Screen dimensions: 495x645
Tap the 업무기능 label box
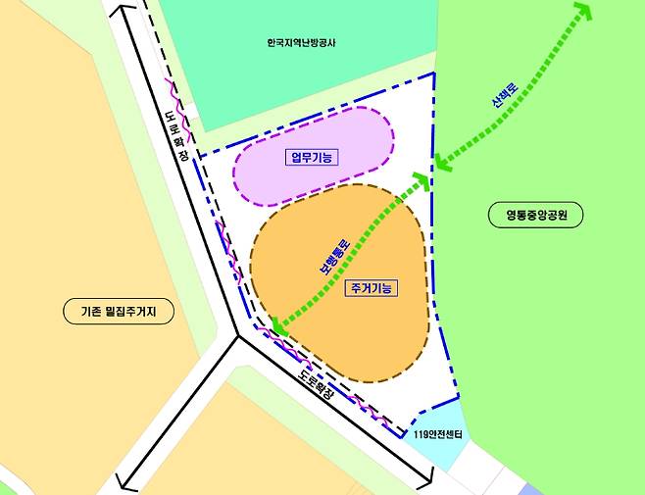tap(311, 157)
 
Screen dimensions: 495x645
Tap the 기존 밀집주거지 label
tap(113, 313)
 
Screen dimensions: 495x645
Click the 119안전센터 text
tap(437, 434)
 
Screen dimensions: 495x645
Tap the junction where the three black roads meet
tap(237, 336)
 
